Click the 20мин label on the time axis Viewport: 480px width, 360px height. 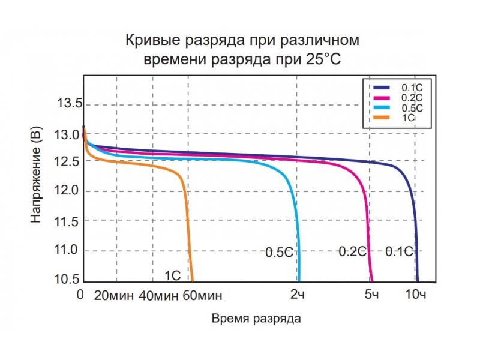114,295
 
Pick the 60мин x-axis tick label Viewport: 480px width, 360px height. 202,295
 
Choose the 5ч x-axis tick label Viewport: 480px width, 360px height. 372,295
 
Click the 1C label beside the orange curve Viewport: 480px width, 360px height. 173,275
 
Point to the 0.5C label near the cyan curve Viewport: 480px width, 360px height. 279,253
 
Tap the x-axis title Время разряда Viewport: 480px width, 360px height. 256,319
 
